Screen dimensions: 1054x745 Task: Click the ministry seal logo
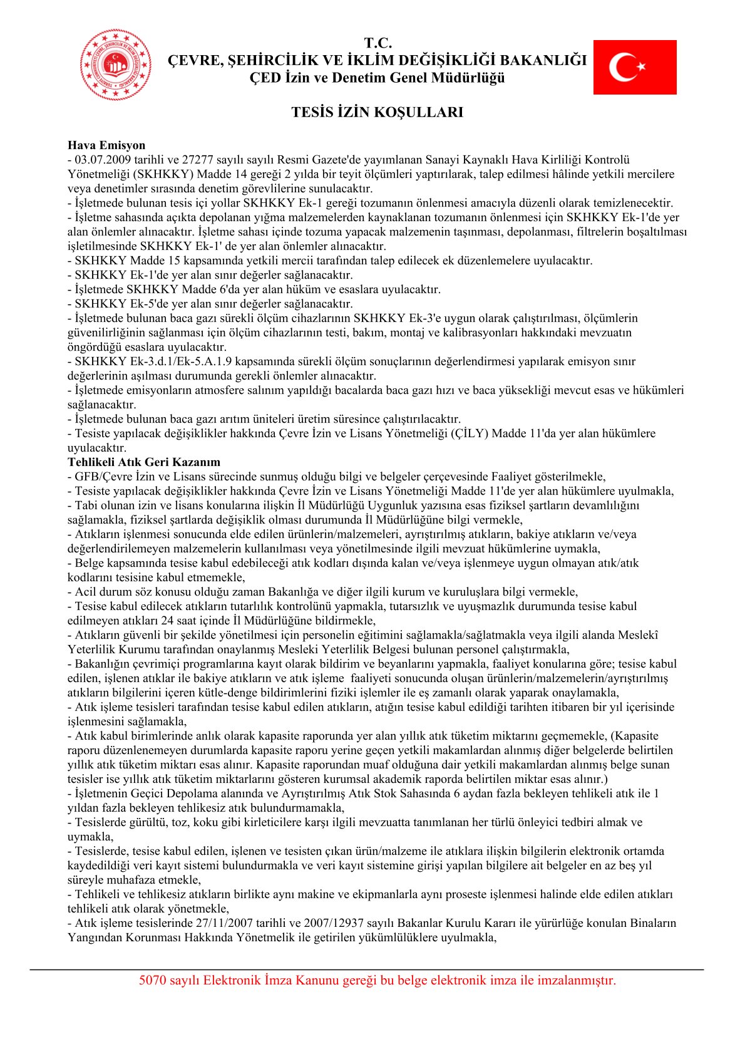115,65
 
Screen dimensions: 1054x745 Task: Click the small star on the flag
640,66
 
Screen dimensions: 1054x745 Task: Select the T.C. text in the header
378,43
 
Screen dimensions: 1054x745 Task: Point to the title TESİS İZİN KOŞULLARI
377,112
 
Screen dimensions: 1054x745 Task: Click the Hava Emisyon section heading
106,145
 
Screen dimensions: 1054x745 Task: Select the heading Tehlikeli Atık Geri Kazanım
144,462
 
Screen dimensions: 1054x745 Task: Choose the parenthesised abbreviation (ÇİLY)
469,433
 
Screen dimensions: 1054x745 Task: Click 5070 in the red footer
152,980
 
